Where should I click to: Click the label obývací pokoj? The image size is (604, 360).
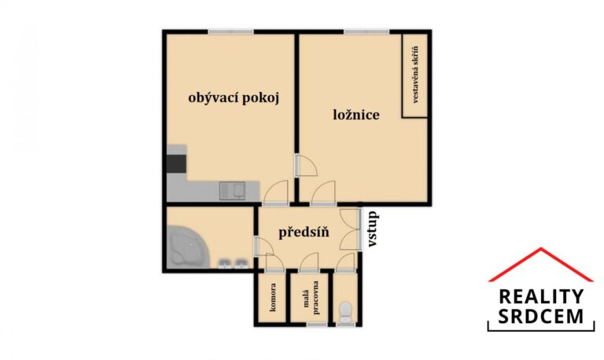(x=234, y=98)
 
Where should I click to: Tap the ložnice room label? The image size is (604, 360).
(x=356, y=114)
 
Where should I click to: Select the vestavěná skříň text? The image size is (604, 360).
(x=415, y=75)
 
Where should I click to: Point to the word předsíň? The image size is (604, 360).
(x=304, y=232)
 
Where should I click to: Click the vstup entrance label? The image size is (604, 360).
(x=372, y=229)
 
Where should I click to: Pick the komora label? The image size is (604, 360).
(x=273, y=297)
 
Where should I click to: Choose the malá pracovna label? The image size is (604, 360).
(x=311, y=297)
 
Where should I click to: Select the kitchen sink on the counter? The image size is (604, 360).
(x=232, y=191)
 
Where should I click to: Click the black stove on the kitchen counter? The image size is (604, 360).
(x=177, y=163)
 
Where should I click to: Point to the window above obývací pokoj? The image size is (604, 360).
(x=230, y=31)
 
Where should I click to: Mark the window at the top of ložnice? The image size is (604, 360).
(x=367, y=31)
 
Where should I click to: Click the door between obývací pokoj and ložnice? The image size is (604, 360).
(x=305, y=166)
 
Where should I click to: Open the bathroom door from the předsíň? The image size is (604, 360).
(x=263, y=246)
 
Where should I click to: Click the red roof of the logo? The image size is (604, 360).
(x=541, y=264)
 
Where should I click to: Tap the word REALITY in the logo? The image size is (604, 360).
(x=541, y=297)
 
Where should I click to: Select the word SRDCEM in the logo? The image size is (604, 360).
(x=541, y=316)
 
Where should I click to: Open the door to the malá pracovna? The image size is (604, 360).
(x=309, y=263)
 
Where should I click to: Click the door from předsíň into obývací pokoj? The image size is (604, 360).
(x=275, y=192)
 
